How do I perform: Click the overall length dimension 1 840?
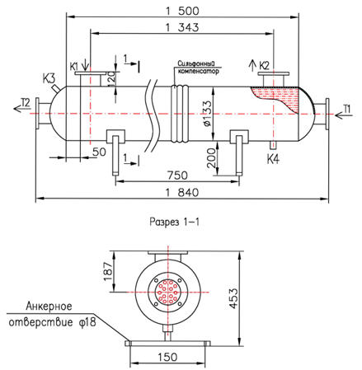pyautogui.click(x=181, y=192)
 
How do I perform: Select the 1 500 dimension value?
pyautogui.click(x=182, y=12)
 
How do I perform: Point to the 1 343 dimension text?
pyautogui.click(x=182, y=27)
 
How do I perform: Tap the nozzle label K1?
pyautogui.click(x=74, y=67)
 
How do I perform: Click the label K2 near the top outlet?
pyautogui.click(x=264, y=66)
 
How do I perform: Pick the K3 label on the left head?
pyautogui.click(x=49, y=78)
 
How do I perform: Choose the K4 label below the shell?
pyautogui.click(x=273, y=159)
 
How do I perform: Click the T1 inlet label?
pyautogui.click(x=347, y=110)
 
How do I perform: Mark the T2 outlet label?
pyautogui.click(x=26, y=102)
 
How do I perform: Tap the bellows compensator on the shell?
pyautogui.click(x=180, y=114)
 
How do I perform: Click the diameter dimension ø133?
pyautogui.click(x=208, y=114)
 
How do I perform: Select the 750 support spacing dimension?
pyautogui.click(x=177, y=176)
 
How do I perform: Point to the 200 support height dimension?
pyautogui.click(x=211, y=158)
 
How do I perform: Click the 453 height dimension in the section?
pyautogui.click(x=233, y=298)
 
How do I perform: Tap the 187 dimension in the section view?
pyautogui.click(x=108, y=272)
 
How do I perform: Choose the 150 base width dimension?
pyautogui.click(x=167, y=357)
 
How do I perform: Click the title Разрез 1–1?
pyautogui.click(x=175, y=222)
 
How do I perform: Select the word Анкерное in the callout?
pyautogui.click(x=49, y=306)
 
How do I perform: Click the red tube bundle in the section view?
pyautogui.click(x=167, y=292)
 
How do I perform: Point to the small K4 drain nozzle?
pyautogui.click(x=273, y=145)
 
